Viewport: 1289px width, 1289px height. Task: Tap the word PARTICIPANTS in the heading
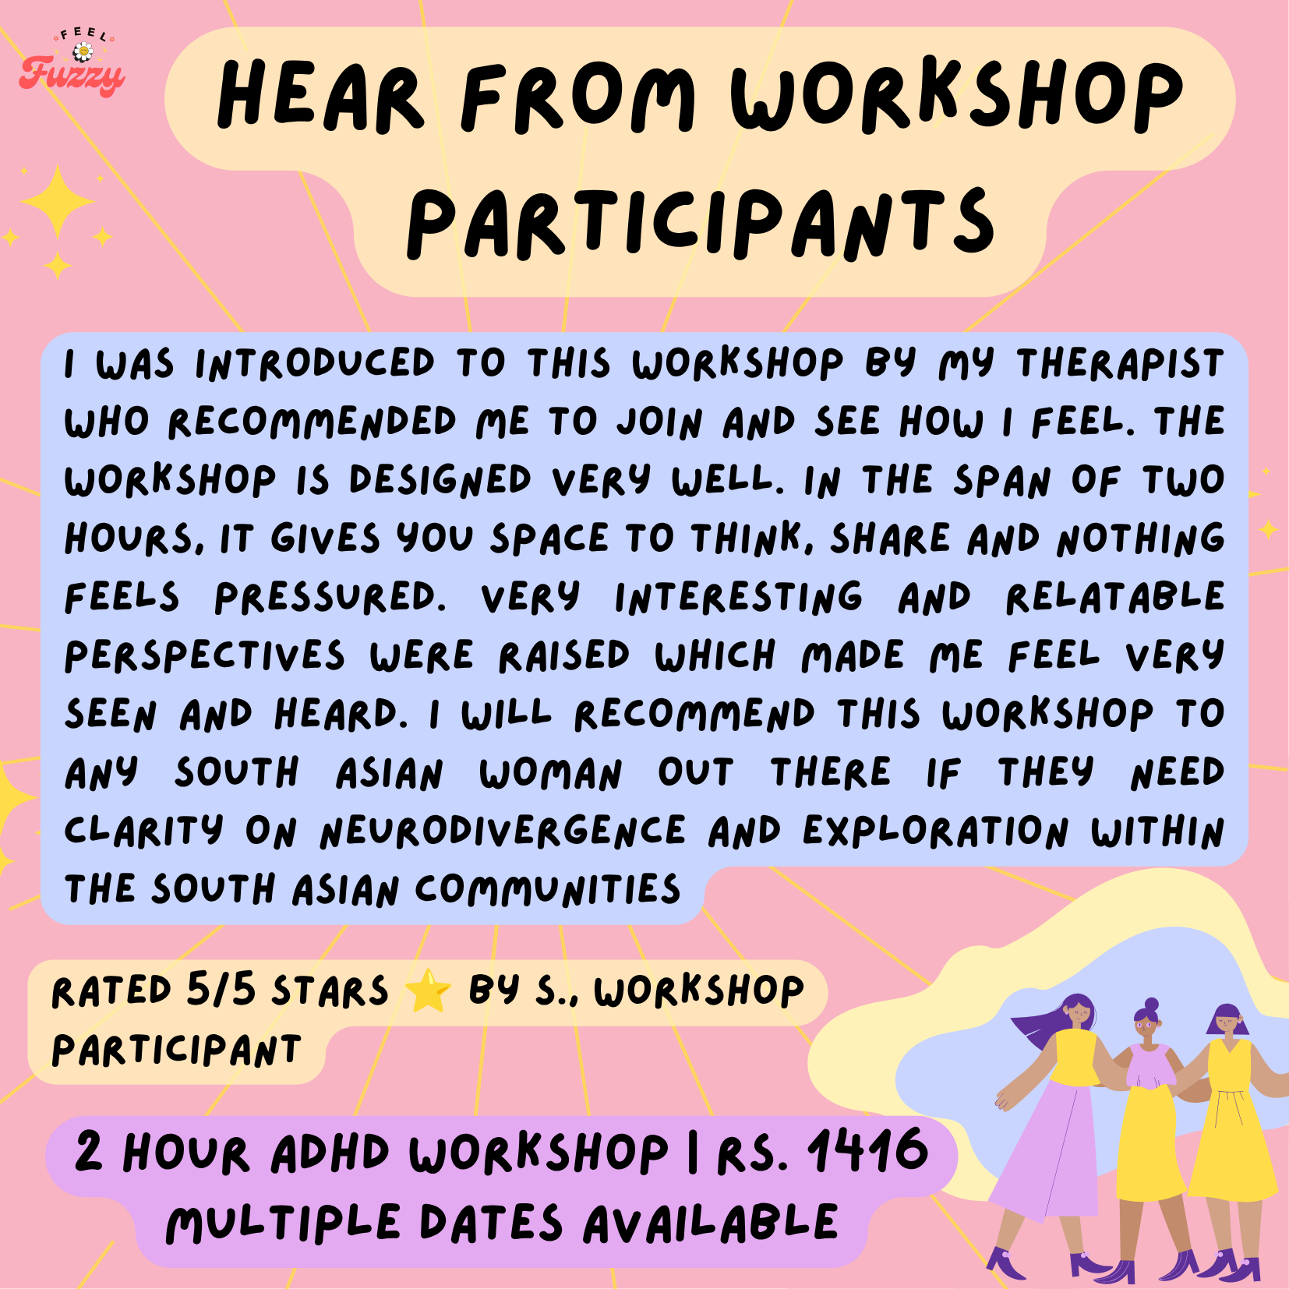click(x=701, y=224)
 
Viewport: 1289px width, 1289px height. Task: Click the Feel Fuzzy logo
click(x=72, y=62)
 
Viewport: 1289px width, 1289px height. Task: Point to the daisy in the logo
click(x=83, y=52)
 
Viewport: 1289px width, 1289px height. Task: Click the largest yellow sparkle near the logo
click(x=58, y=201)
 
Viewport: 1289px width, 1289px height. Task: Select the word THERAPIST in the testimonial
click(x=1120, y=364)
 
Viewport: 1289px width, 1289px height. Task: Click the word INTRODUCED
click(x=315, y=364)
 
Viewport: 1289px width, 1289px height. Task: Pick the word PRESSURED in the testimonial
click(x=330, y=598)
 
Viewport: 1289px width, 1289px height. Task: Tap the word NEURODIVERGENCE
click(x=503, y=832)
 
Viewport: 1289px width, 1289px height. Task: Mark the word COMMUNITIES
click(x=548, y=889)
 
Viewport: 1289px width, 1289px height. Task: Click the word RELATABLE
click(x=1114, y=598)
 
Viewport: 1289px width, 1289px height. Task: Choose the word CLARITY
click(x=144, y=832)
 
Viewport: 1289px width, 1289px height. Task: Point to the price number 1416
click(x=868, y=1150)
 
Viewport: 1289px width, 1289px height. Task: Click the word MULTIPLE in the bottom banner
click(x=284, y=1223)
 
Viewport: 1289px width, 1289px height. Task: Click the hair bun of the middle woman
click(x=1152, y=1005)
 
